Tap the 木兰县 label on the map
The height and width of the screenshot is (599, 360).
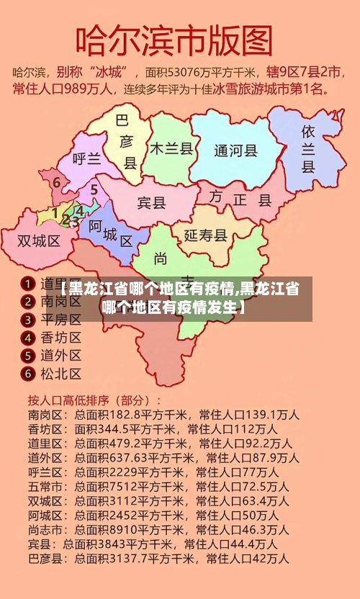click(171, 148)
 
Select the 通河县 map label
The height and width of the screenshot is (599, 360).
click(235, 150)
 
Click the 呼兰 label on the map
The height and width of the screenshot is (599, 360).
click(87, 160)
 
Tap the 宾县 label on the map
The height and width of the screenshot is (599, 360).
click(151, 202)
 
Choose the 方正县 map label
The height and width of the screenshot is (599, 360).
click(240, 197)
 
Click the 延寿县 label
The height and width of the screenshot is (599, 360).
click(206, 235)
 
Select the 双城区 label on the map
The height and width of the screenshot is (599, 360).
click(39, 240)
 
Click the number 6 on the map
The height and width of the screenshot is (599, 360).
click(56, 182)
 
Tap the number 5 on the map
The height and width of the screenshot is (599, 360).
click(94, 189)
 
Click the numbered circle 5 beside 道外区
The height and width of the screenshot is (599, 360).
click(27, 355)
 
